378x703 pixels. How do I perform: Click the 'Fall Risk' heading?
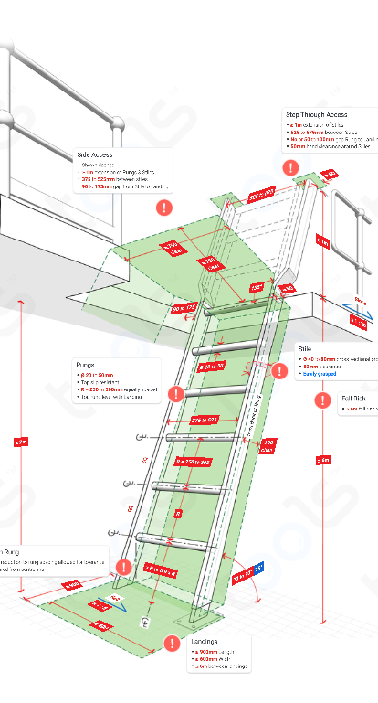(x=353, y=399)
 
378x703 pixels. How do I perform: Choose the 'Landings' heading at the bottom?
(x=205, y=641)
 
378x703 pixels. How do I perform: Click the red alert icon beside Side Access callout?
(x=164, y=208)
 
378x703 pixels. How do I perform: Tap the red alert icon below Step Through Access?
(x=291, y=168)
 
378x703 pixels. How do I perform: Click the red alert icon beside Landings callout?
(x=170, y=644)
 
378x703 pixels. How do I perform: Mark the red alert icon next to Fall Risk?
(x=322, y=400)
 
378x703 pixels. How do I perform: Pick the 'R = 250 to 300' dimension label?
(x=192, y=463)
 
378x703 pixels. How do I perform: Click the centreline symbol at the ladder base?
(x=144, y=620)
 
